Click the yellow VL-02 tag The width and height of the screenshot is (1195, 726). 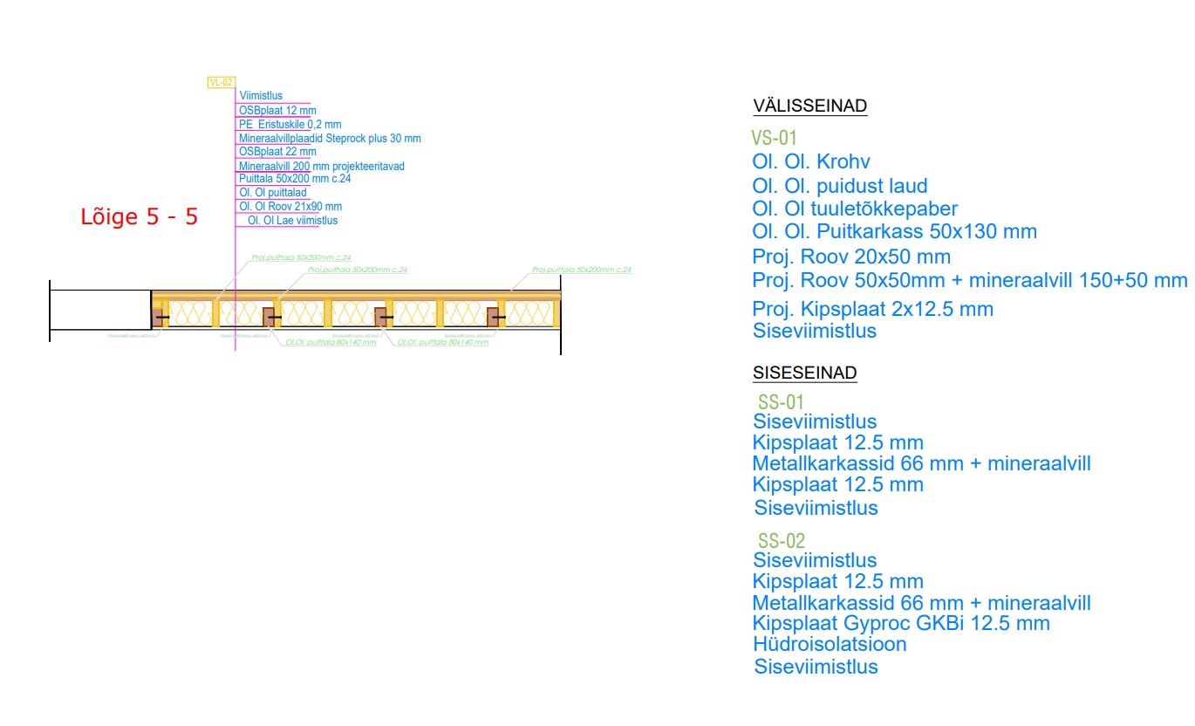click(222, 82)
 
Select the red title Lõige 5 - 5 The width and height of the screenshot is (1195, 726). click(140, 217)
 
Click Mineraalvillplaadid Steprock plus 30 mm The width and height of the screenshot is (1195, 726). click(330, 139)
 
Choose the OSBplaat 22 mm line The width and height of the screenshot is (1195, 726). click(277, 152)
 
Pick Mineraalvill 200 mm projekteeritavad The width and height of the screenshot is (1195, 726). click(321, 166)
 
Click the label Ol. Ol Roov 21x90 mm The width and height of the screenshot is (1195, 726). click(290, 207)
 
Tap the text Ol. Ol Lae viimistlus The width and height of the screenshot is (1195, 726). click(292, 221)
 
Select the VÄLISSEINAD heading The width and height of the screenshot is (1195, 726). click(810, 106)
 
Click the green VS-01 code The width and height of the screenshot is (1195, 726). click(775, 138)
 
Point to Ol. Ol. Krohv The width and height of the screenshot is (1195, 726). click(811, 162)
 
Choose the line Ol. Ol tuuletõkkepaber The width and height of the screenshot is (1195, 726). click(855, 209)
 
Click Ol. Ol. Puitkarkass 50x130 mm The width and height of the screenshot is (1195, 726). click(894, 232)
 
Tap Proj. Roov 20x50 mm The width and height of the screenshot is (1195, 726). click(851, 257)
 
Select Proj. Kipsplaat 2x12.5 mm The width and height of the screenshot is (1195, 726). click(872, 310)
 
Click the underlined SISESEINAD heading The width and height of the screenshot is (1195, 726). click(805, 373)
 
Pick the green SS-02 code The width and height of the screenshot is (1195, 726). click(782, 540)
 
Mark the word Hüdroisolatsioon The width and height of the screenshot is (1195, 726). click(830, 645)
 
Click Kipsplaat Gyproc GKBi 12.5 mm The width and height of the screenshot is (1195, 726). click(901, 624)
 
